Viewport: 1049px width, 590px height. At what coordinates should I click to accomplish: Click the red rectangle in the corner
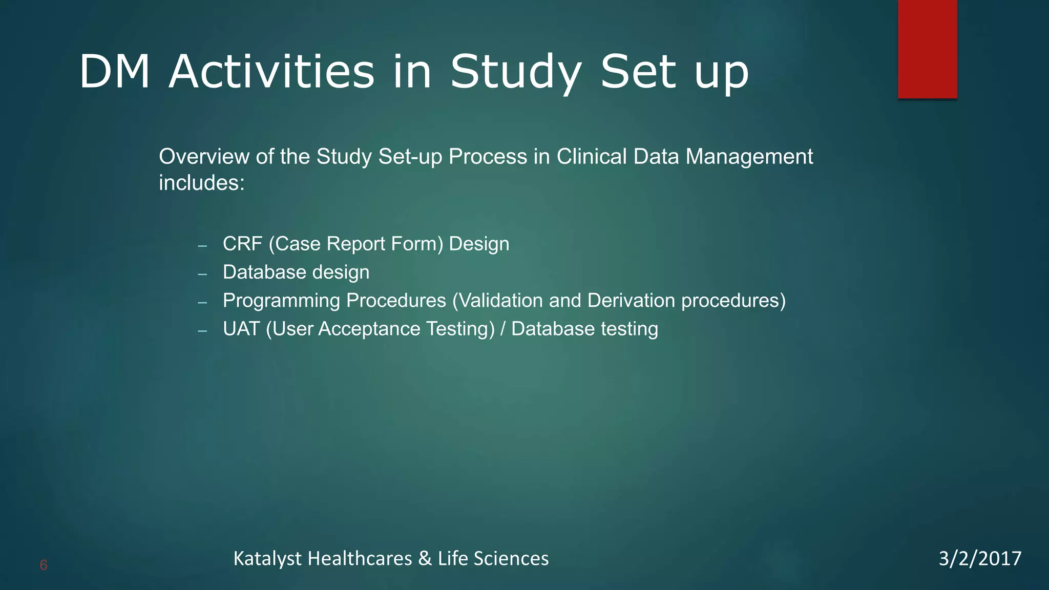[x=927, y=49]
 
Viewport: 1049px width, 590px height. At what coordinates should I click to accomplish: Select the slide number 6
[x=44, y=565]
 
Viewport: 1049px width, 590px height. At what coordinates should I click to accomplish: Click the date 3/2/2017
[x=980, y=558]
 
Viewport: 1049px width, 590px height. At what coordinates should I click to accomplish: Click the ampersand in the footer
[x=425, y=558]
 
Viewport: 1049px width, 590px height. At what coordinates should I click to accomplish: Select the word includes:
[x=202, y=183]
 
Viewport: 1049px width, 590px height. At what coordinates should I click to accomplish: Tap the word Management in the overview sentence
[x=749, y=157]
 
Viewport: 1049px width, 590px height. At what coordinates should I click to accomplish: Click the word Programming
[x=283, y=301]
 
